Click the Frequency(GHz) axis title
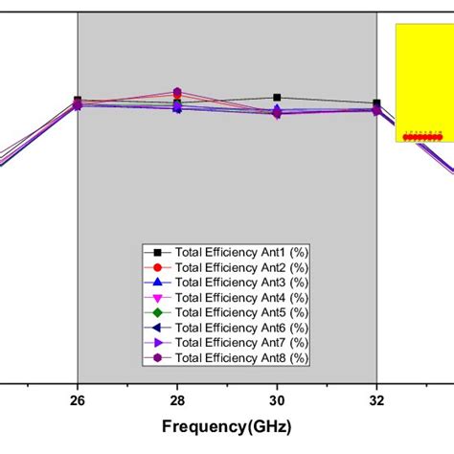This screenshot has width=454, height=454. coord(227,427)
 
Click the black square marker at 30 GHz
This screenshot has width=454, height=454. coord(277,98)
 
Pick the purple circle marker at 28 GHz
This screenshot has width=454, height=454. coord(177,92)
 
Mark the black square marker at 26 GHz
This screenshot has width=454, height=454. coord(78,101)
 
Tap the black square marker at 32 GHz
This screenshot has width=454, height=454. coord(376,103)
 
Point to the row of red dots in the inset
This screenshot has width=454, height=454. coord(422,137)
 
